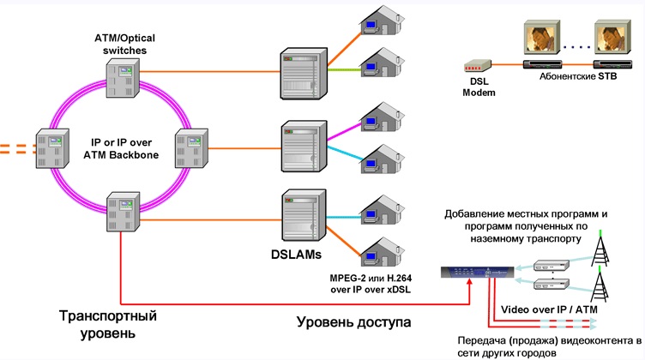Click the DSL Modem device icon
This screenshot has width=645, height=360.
coord(478,66)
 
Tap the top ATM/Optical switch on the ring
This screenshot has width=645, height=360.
coord(123,78)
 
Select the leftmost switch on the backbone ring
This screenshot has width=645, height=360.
coord(52,148)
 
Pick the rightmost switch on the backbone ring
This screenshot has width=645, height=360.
coord(191,148)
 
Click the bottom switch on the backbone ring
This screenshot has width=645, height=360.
coord(123,211)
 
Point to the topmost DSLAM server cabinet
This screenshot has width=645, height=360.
coord(304,74)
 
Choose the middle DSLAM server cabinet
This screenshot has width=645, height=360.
coord(304,146)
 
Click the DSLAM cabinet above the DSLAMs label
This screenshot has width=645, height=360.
coord(304,215)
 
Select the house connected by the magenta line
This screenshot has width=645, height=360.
coord(383,117)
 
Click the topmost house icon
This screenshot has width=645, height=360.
coord(383,20)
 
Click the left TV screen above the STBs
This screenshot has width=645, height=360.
coord(542,38)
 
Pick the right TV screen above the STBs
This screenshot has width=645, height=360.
coord(612,37)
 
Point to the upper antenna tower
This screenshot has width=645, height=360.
coord(600,248)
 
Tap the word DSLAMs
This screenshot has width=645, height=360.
coord(296,255)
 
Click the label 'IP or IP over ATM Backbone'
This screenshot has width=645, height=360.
coord(121,149)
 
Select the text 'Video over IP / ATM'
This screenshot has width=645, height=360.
coord(549,309)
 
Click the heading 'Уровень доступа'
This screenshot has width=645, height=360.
coord(353,321)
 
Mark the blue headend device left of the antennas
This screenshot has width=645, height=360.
coord(477,272)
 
